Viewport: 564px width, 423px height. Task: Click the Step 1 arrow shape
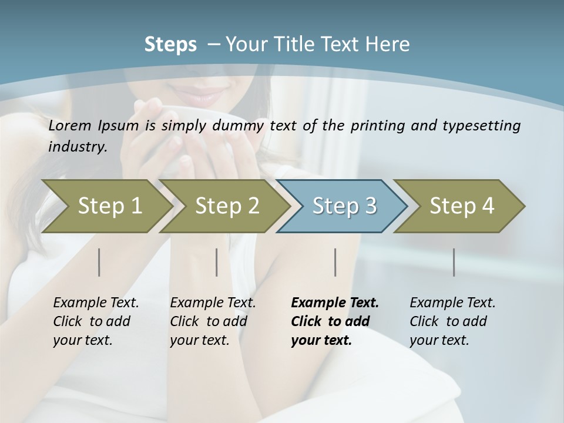[109, 206]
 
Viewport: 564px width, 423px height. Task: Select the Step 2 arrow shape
[227, 206]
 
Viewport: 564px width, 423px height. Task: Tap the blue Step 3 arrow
[344, 206]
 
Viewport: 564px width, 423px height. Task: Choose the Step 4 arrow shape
[462, 206]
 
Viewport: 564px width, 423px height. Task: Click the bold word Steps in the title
[170, 45]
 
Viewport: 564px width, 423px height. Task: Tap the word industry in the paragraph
[77, 146]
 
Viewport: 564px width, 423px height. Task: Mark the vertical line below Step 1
[99, 262]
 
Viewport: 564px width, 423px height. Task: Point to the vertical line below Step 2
[217, 262]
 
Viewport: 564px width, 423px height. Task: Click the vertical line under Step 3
[335, 262]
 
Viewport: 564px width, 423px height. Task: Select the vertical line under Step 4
[454, 262]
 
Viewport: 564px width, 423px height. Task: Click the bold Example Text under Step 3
[335, 303]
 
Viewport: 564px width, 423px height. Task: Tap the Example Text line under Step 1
[96, 303]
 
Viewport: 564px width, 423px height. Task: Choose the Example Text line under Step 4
[452, 303]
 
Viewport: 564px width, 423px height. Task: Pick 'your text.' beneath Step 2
[200, 340]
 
